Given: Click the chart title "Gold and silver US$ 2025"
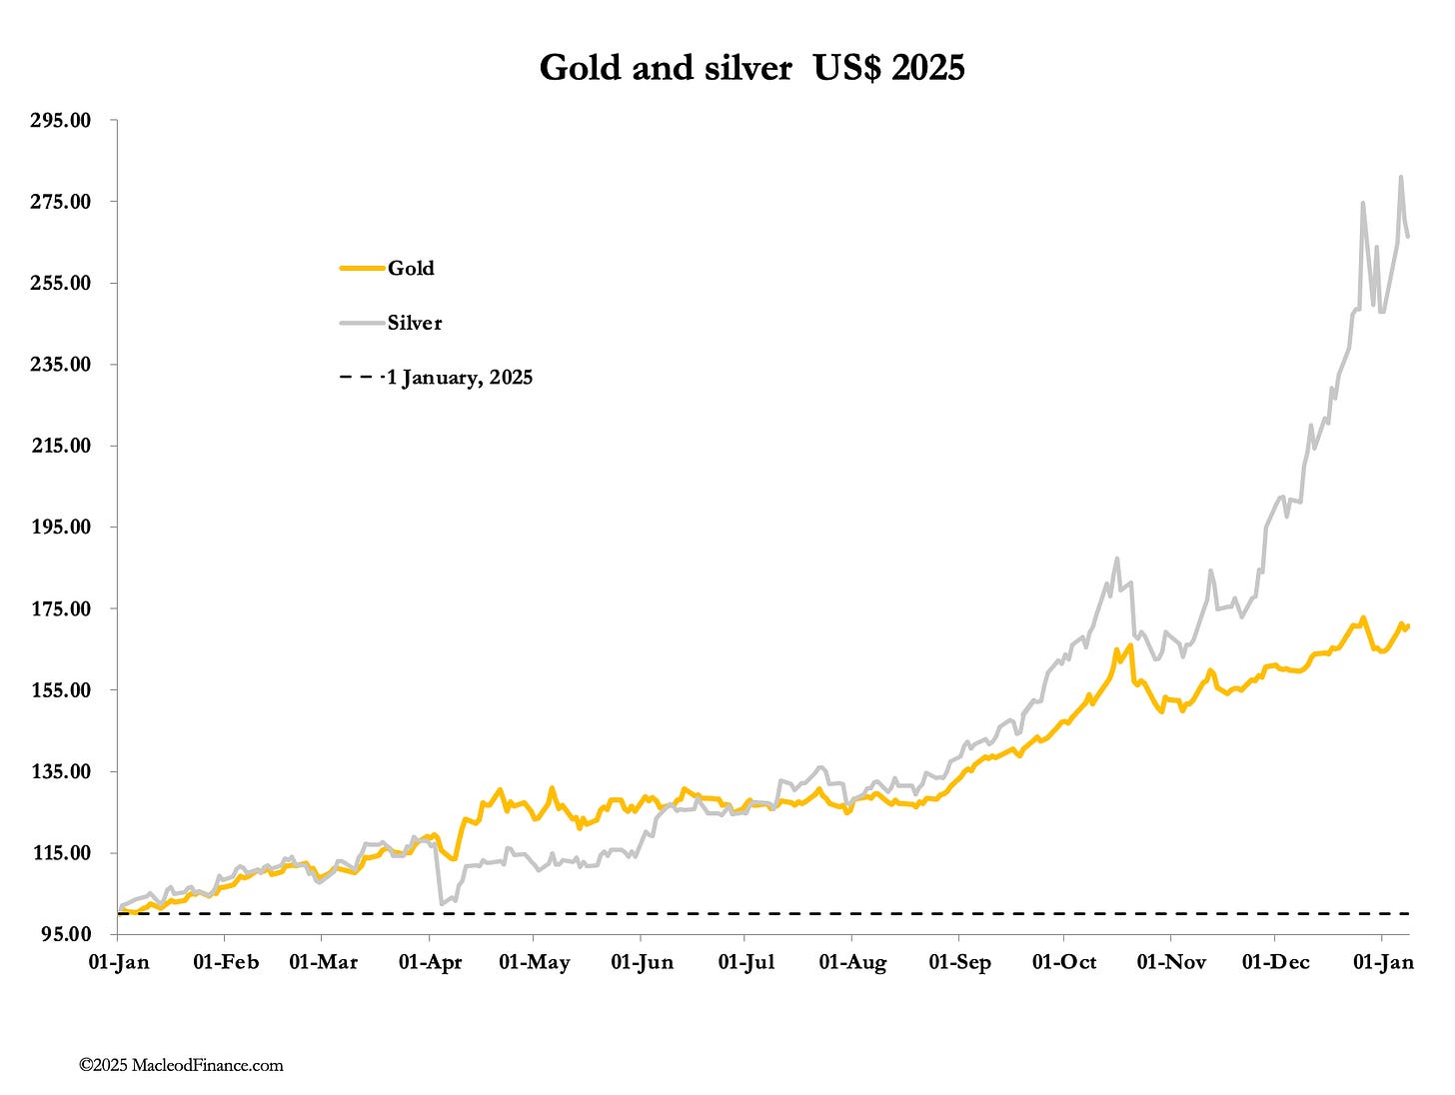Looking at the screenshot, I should point(751,68).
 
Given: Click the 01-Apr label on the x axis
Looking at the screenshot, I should point(430,962).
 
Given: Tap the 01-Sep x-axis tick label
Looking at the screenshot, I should point(959,962).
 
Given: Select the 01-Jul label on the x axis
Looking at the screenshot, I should point(744,962).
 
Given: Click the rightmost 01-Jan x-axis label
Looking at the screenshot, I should point(1383,962).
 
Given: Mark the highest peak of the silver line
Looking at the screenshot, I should point(1401,178).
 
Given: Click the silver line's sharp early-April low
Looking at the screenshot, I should point(442,903).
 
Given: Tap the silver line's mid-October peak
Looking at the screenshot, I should point(1116,558).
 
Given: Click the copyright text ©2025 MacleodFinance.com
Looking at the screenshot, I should point(181,1065).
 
